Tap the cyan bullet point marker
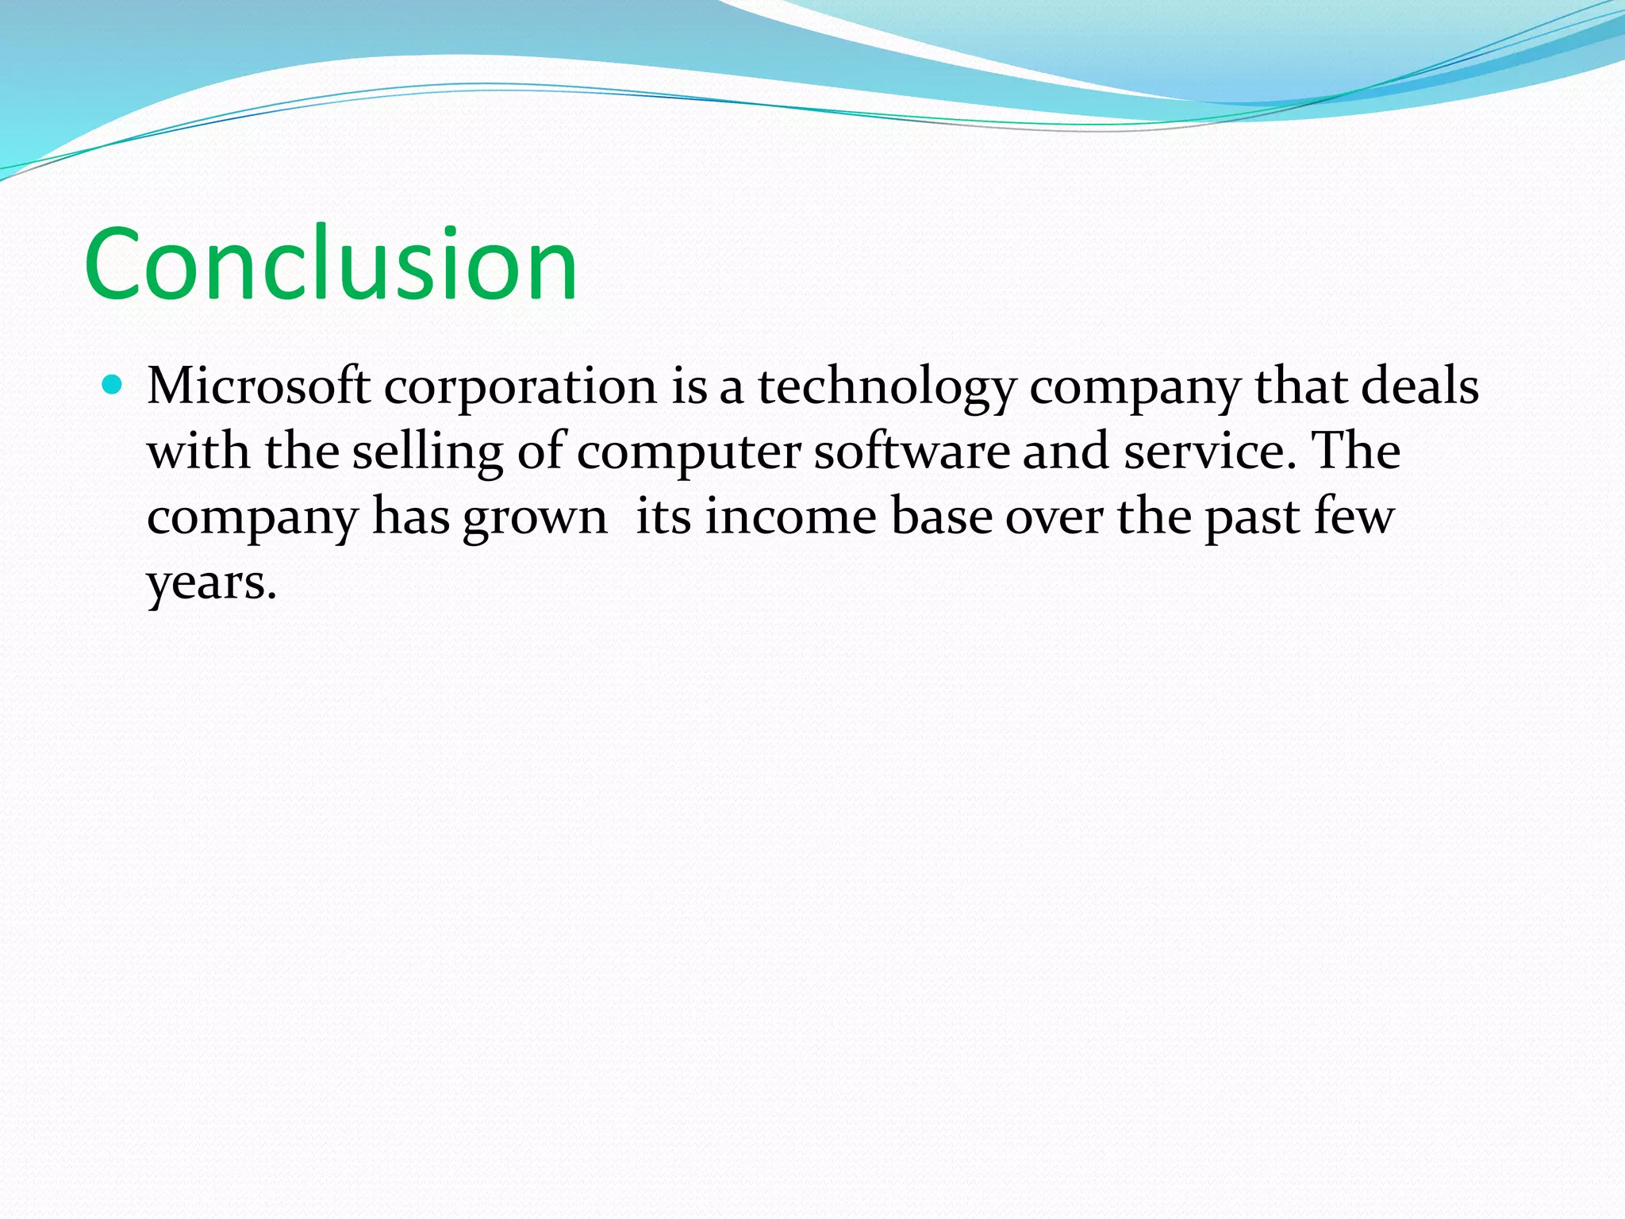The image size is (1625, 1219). click(113, 386)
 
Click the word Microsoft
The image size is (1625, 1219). click(259, 386)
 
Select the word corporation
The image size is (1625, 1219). click(521, 388)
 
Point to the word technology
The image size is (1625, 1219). click(886, 388)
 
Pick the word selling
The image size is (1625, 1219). click(427, 453)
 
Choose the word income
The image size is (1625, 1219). click(790, 517)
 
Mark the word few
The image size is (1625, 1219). click(1354, 517)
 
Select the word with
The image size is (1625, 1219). click(198, 452)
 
